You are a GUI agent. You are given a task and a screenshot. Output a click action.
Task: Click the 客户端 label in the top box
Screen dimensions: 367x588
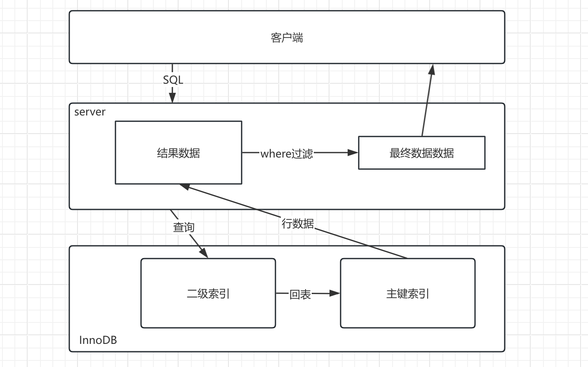[287, 38]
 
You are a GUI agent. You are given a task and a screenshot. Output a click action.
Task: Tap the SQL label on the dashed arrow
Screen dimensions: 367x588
[173, 80]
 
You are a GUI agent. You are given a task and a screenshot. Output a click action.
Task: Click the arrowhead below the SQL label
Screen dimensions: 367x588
[172, 98]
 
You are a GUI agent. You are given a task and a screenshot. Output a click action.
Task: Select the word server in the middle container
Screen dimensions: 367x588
[90, 112]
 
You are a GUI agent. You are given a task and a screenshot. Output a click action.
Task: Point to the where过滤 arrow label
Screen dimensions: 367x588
[287, 153]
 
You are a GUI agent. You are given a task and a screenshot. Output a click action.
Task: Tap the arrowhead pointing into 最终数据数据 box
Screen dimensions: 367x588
[353, 153]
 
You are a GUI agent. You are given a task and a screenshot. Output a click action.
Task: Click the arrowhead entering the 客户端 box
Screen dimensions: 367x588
[431, 70]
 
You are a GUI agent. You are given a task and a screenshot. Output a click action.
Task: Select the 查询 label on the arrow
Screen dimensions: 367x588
[183, 227]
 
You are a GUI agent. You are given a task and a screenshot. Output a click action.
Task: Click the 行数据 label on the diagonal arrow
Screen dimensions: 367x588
[298, 223]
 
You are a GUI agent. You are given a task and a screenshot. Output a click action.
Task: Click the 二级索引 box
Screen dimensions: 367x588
[208, 309]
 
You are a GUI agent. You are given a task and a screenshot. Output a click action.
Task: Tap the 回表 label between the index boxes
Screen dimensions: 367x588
[300, 294]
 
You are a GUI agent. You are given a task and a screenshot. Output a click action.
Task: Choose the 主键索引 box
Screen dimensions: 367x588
[407, 309]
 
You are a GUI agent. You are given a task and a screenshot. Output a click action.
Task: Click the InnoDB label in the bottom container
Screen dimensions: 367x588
[98, 340]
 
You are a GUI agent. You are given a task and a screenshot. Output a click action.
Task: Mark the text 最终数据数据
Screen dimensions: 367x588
[421, 153]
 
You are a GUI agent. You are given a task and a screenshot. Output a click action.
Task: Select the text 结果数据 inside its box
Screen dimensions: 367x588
[178, 153]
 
